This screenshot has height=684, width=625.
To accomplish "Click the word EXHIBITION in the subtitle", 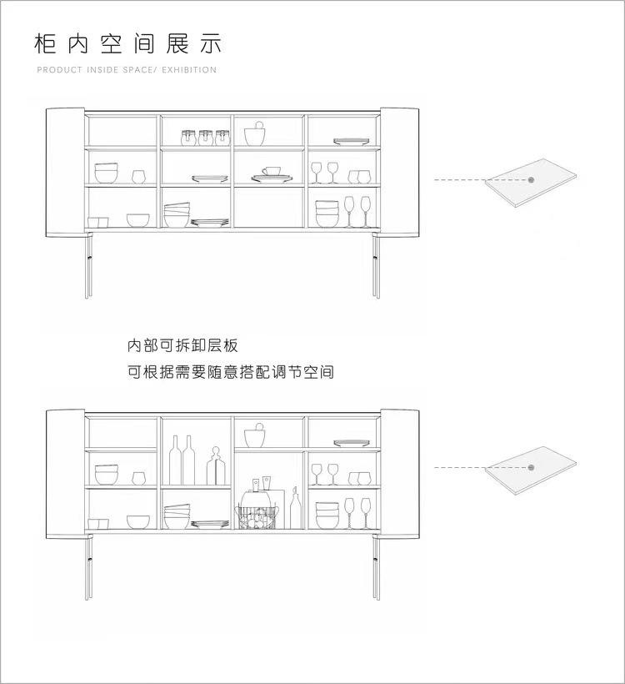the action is (x=187, y=70).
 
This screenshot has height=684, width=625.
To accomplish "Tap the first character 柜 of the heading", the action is (x=45, y=43).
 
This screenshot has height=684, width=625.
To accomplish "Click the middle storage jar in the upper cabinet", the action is (x=205, y=138).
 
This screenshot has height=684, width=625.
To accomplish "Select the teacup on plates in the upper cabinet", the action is (x=271, y=173).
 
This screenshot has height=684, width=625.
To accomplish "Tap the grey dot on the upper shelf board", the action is (x=530, y=179).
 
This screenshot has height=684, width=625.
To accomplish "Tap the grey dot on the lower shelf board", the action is (x=530, y=467).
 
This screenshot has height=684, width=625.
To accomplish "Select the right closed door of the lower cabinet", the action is (x=399, y=472).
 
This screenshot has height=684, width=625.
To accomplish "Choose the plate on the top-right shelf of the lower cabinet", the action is (x=345, y=443).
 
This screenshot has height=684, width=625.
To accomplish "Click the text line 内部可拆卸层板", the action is (x=182, y=345).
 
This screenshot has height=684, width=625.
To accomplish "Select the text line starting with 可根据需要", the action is (x=231, y=372).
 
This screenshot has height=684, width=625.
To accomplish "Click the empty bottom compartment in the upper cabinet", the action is (x=268, y=207).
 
